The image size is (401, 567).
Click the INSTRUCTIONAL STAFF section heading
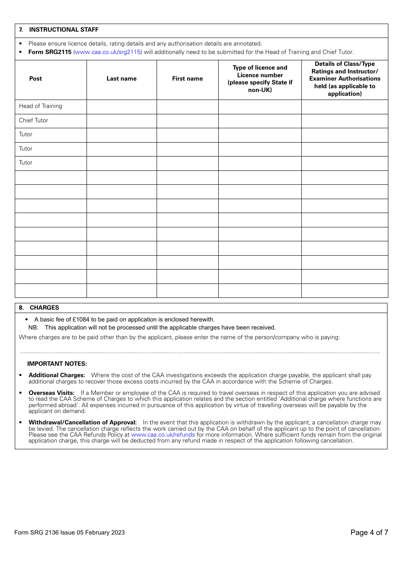tap(63, 30)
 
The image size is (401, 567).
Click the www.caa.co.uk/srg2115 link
tap(108, 52)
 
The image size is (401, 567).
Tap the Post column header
tap(35, 78)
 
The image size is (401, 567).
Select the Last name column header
tap(122, 78)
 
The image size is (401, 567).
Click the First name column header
tap(187, 78)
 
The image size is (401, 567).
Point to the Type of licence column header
tap(260, 78)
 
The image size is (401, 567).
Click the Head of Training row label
tap(41, 106)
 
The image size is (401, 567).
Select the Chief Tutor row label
tap(33, 120)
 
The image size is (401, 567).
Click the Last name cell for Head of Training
tap(122, 106)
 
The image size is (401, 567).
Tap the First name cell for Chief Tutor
tap(187, 121)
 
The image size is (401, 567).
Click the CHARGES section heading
tap(44, 308)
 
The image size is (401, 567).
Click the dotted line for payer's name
tap(200, 352)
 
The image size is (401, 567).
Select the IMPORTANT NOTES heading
tap(57, 364)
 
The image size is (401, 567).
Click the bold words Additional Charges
tap(57, 375)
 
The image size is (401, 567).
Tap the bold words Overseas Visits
tap(51, 393)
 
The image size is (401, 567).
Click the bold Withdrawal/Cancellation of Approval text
tap(83, 422)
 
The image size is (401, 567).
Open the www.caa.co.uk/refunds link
tap(163, 435)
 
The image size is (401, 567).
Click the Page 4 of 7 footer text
tap(369, 532)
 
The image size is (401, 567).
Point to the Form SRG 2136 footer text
tap(69, 532)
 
